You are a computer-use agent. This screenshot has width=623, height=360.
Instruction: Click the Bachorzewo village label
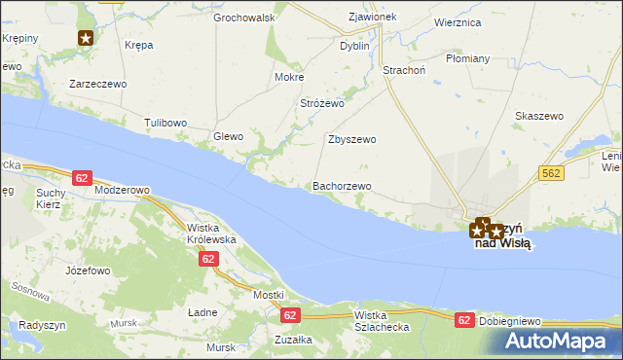[341, 186]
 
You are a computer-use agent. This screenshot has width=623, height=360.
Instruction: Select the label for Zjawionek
[372, 18]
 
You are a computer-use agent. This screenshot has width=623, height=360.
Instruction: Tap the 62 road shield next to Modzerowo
[82, 177]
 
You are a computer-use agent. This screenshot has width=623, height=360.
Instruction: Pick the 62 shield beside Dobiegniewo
[465, 319]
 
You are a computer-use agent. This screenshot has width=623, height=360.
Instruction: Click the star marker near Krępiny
[86, 38]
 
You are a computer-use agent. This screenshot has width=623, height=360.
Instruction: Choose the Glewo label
[229, 137]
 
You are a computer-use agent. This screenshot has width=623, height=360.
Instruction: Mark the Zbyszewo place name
[351, 139]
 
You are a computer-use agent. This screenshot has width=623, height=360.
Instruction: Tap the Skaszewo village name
[539, 116]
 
